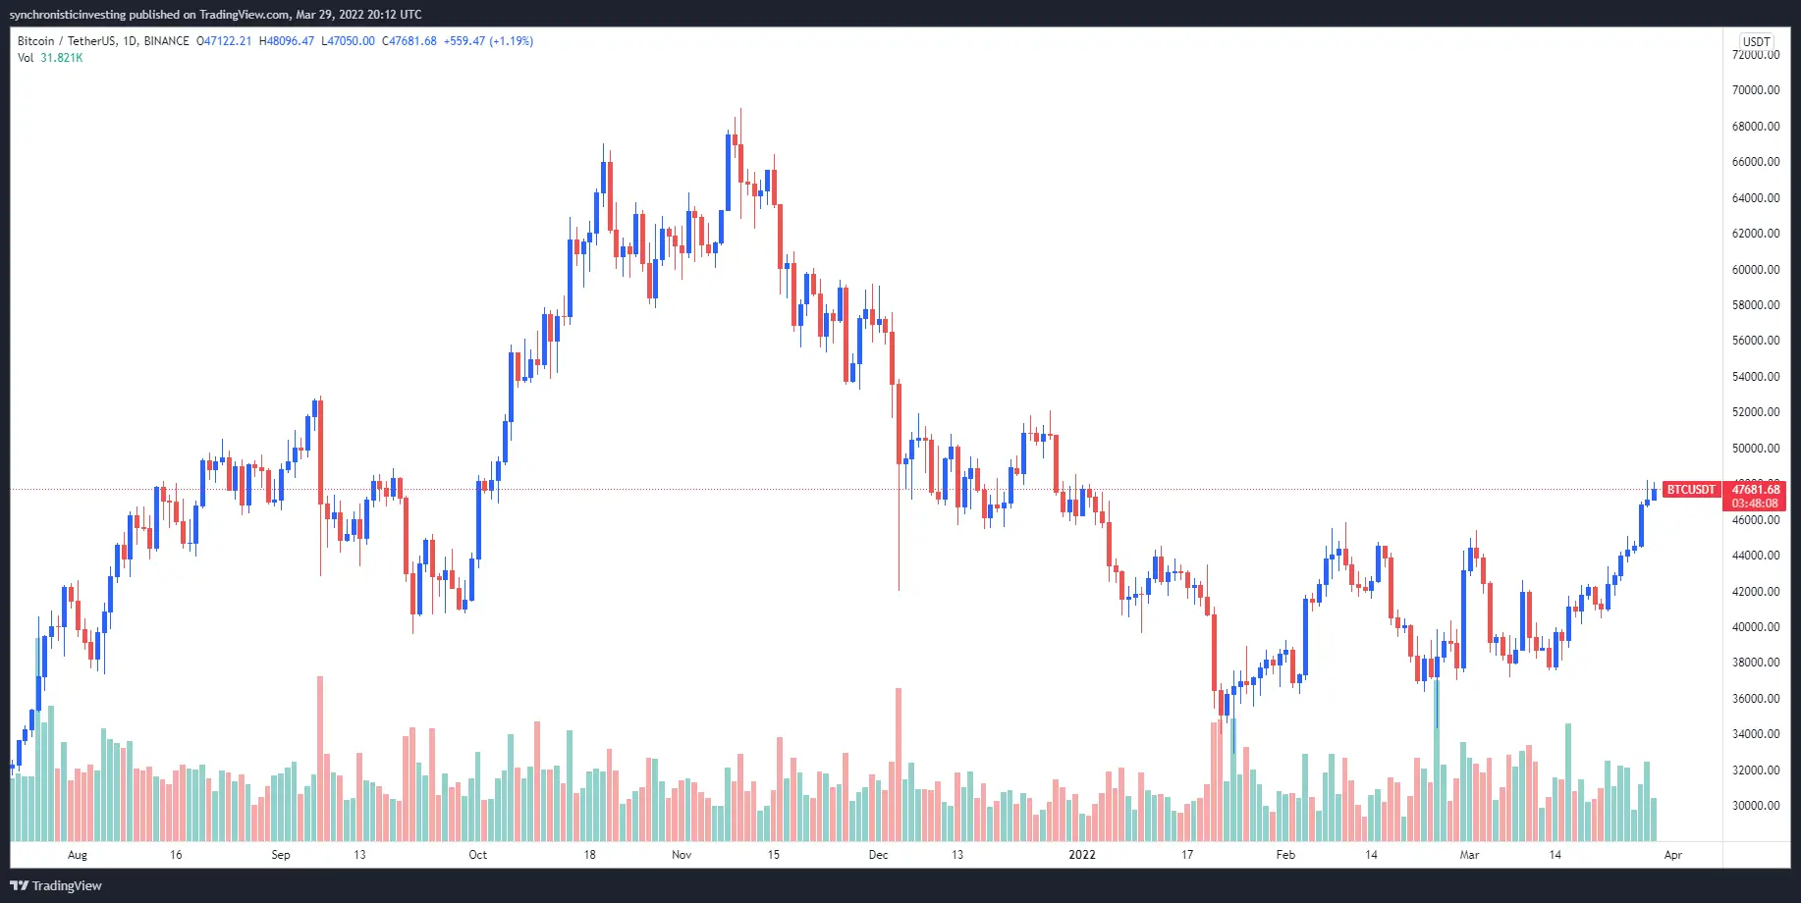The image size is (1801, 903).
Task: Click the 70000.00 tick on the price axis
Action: tap(1755, 90)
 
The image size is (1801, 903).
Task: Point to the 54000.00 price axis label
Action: tap(1755, 377)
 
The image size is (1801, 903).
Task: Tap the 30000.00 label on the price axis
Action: tap(1755, 806)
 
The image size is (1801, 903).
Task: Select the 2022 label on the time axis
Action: tap(1081, 855)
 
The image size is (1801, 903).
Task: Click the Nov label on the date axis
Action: tap(682, 855)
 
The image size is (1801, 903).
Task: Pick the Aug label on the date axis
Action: tap(78, 855)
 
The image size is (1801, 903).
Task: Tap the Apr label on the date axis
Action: tap(1672, 855)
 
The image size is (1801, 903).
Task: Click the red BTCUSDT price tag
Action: tap(1690, 490)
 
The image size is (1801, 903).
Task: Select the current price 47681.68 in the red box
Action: tap(1755, 490)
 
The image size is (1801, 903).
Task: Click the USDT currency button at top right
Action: tap(1756, 41)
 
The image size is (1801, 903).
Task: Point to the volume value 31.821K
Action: tap(62, 58)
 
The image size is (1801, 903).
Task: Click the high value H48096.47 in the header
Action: tap(287, 41)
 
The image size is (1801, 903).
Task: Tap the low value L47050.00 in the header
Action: tap(349, 41)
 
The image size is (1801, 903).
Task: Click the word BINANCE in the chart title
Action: tap(166, 41)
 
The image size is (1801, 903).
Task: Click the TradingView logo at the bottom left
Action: tap(56, 885)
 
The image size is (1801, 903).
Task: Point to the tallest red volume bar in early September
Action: tap(320, 756)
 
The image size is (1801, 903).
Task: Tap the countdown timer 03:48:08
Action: tap(1755, 504)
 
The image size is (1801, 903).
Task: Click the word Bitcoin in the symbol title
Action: tap(36, 41)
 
